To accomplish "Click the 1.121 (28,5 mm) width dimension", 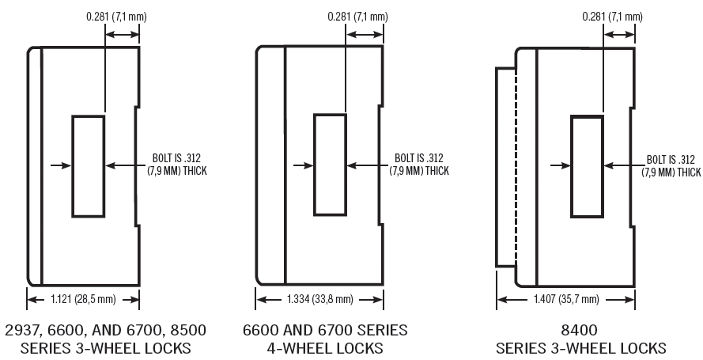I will click(x=84, y=299).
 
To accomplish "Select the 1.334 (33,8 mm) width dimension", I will click(x=320, y=299).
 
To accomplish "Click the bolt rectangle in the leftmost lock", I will click(x=88, y=165).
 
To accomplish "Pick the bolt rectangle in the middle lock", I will click(x=331, y=165).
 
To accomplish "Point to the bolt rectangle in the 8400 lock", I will click(x=587, y=165).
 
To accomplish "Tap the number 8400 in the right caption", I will click(x=580, y=330).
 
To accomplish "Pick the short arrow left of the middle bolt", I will click(x=302, y=165).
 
